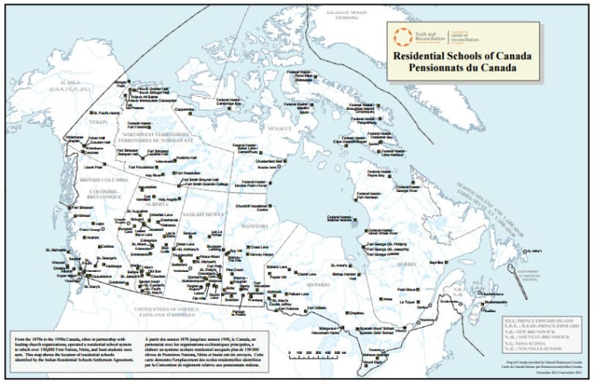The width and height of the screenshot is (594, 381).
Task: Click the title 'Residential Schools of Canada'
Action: (456, 57)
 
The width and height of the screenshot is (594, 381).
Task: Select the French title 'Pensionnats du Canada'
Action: (456, 67)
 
